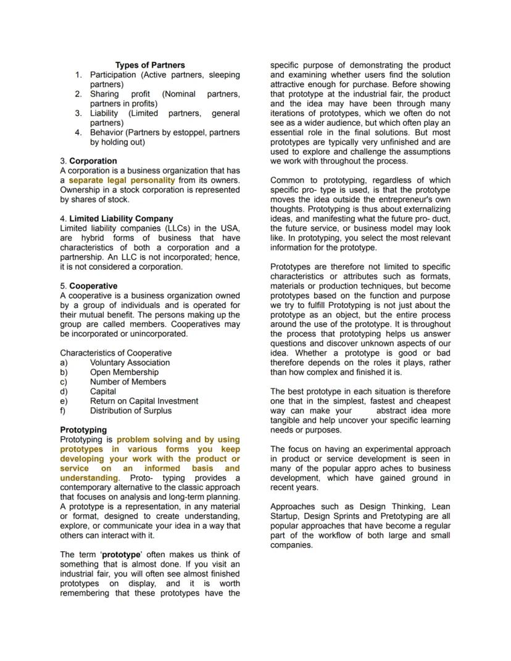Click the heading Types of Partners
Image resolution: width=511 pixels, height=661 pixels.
click(150, 65)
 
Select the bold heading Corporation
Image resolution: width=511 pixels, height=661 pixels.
click(93, 161)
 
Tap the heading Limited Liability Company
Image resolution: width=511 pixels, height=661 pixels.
click(121, 218)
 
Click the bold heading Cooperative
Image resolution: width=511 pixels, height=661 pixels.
click(93, 286)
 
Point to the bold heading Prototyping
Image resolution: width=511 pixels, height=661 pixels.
click(83, 430)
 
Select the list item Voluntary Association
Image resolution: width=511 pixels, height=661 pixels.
click(130, 363)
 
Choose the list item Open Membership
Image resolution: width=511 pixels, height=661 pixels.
click(124, 372)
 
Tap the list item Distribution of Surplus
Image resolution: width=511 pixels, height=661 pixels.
click(131, 410)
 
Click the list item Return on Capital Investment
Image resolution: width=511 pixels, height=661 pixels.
click(144, 401)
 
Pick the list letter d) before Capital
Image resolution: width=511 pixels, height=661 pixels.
click(64, 391)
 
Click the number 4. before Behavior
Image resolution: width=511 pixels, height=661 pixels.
click(78, 132)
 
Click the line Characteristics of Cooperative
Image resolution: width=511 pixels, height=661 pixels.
click(116, 353)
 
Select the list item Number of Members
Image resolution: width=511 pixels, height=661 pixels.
click(128, 382)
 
